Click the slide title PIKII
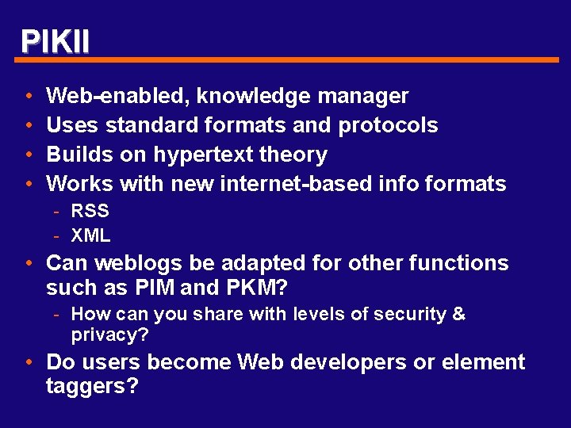pyautogui.click(x=55, y=41)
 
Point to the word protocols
pyautogui.click(x=388, y=126)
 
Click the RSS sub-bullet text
pyautogui.click(x=90, y=212)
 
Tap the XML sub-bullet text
pyautogui.click(x=90, y=235)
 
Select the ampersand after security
pyautogui.click(x=458, y=315)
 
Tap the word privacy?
pyautogui.click(x=109, y=335)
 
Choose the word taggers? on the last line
pyautogui.click(x=92, y=387)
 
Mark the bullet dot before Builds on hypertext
pyautogui.click(x=28, y=155)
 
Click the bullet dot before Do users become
pyautogui.click(x=28, y=363)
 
